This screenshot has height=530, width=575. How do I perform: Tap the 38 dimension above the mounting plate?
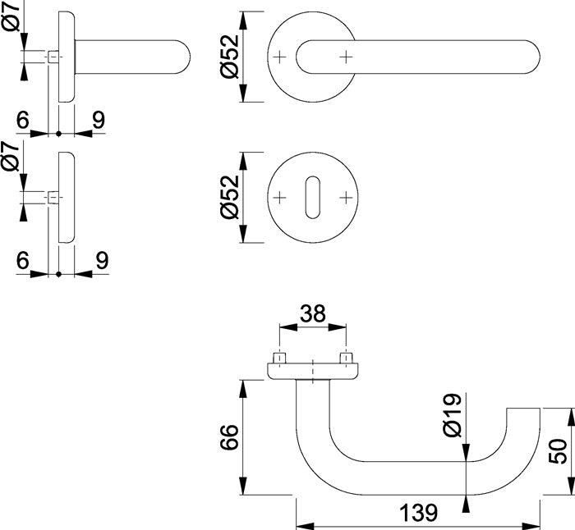pos(313,313)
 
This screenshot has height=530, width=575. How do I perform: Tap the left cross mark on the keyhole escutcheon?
pos(279,198)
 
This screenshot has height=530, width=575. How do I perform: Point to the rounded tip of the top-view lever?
pos(532,56)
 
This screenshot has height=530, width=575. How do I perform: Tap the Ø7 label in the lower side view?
pos(11,157)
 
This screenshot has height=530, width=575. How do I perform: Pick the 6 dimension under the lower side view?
pos(22,260)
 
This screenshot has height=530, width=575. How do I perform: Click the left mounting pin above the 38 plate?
pos(280,359)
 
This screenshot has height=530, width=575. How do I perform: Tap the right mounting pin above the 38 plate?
pos(346,359)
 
